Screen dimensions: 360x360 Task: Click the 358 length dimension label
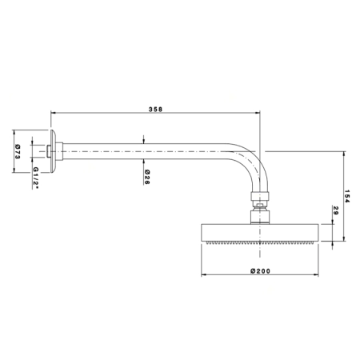pos(155,110)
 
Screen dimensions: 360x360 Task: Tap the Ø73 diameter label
pos(18,152)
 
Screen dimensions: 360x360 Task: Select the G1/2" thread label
pos(36,178)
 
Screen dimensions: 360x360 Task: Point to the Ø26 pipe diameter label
pos(147,177)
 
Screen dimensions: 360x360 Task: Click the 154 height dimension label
pos(346,196)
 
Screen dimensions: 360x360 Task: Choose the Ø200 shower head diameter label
pos(260,271)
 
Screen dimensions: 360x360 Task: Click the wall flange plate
pos(53,151)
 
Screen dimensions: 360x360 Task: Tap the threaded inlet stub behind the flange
pos(48,151)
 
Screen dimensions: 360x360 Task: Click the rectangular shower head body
pos(259,232)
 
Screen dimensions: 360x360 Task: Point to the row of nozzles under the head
pos(259,242)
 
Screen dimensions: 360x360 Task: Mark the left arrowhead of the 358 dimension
pos(53,113)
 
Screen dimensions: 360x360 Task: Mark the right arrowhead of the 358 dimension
pos(258,113)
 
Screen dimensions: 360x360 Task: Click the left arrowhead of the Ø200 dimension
pos(203,274)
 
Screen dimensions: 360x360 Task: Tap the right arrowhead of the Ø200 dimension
pos(316,274)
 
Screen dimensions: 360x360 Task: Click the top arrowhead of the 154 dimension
pos(344,154)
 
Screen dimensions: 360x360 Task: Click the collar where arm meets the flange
pos(59,151)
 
